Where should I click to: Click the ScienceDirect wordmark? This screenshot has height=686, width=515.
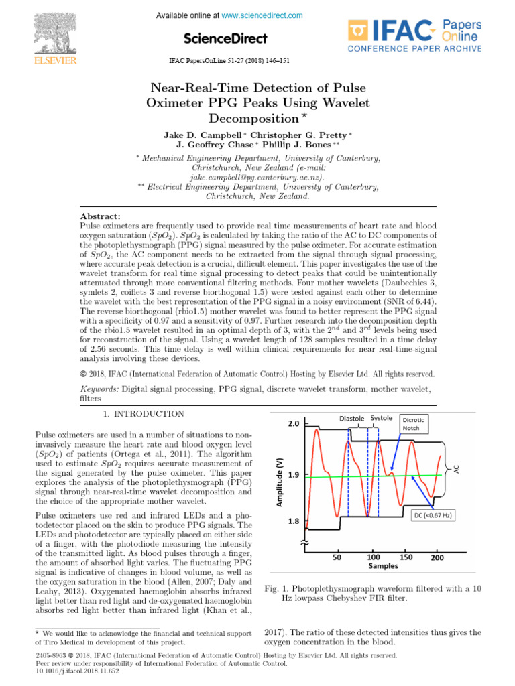[x=225, y=38]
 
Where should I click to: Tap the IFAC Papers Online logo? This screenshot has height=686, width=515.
[x=414, y=36]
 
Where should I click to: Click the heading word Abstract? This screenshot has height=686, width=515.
[x=100, y=216]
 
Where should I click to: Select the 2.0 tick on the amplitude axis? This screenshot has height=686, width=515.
[x=294, y=424]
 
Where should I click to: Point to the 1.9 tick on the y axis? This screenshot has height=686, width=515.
[x=294, y=474]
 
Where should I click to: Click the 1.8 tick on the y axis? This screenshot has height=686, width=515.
[x=294, y=520]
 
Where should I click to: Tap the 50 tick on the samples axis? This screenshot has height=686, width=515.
[x=339, y=557]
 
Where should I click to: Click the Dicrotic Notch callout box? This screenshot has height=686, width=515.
[x=417, y=423]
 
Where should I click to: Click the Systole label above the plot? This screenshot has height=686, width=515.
[x=382, y=419]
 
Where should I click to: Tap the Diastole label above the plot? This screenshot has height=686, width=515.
[x=351, y=419]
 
